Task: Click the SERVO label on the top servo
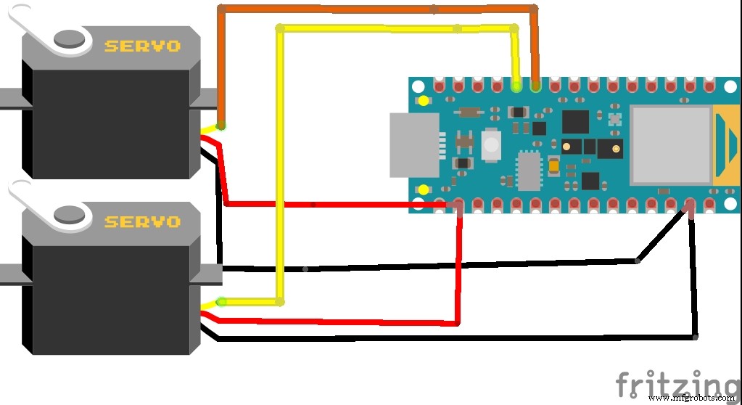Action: click(x=142, y=46)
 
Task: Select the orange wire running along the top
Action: click(x=377, y=9)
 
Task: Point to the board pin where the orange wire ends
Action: click(x=535, y=86)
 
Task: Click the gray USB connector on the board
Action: click(x=414, y=145)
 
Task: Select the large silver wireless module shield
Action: click(x=670, y=144)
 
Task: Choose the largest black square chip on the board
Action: click(x=576, y=121)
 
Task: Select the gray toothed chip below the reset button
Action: click(x=529, y=171)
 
